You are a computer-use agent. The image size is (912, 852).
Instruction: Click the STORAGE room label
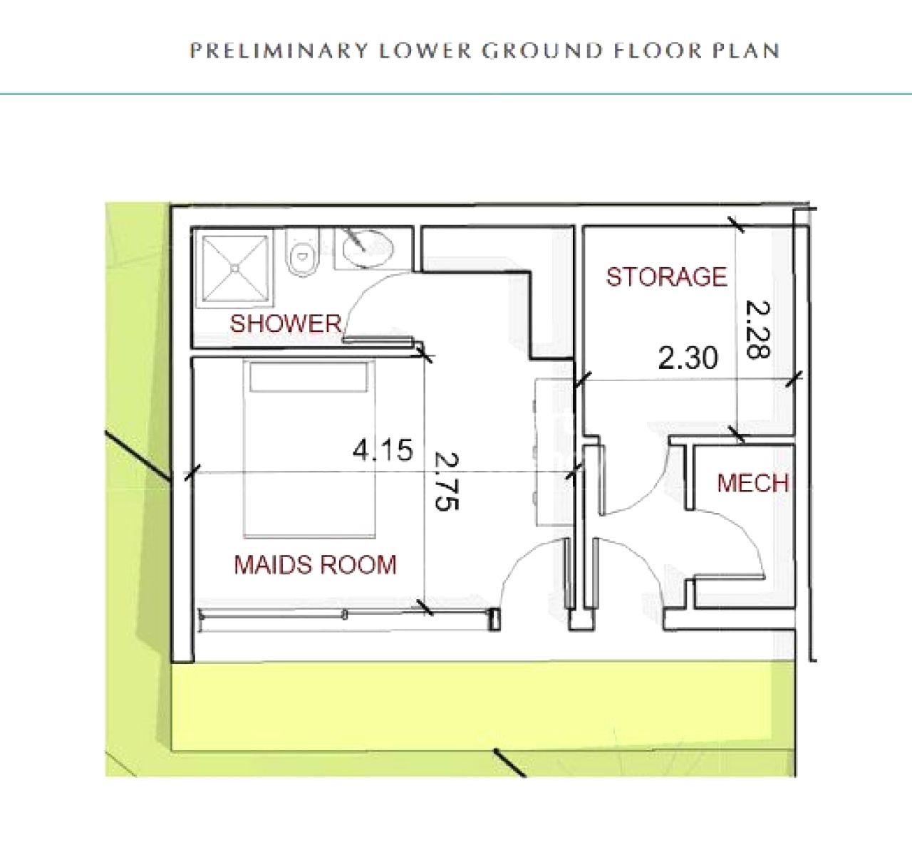pyautogui.click(x=667, y=276)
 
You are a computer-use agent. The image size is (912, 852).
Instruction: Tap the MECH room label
pyautogui.click(x=752, y=483)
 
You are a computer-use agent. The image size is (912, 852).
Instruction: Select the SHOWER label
pyautogui.click(x=285, y=323)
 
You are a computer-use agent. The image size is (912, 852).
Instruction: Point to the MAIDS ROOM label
pyautogui.click(x=315, y=564)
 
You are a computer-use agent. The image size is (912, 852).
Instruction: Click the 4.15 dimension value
pyautogui.click(x=383, y=450)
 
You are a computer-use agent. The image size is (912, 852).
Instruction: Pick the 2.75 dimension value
pyautogui.click(x=447, y=482)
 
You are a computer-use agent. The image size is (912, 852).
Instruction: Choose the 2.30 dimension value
pyautogui.click(x=688, y=358)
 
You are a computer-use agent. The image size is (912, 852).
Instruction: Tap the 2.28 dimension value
pyautogui.click(x=757, y=329)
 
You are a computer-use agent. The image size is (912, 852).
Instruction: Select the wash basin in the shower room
pyautogui.click(x=369, y=249)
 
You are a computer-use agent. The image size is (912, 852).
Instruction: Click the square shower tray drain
pyautogui.click(x=235, y=268)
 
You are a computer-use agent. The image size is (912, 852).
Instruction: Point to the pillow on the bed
pyautogui.click(x=309, y=376)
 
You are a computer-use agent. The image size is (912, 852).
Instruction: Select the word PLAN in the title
pyautogui.click(x=746, y=50)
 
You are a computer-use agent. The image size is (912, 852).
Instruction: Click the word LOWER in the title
pyautogui.click(x=425, y=50)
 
